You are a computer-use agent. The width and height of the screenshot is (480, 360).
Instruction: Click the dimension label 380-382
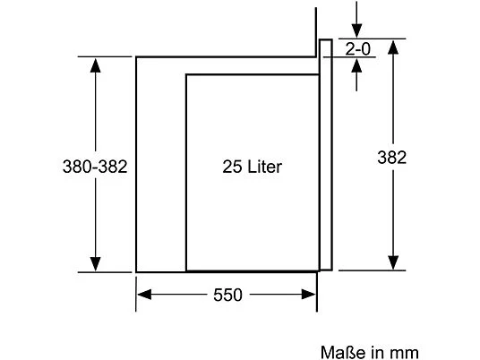pyautogui.click(x=94, y=167)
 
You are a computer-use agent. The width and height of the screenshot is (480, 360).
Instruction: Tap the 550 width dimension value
pyautogui.click(x=227, y=295)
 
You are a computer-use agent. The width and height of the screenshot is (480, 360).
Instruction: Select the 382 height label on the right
pyautogui.click(x=391, y=158)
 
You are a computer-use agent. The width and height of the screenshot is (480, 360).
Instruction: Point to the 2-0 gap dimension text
pyautogui.click(x=358, y=49)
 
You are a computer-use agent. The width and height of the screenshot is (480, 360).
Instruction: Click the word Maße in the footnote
pyautogui.click(x=338, y=352)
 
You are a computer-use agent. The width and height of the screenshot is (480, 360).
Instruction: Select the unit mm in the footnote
pyautogui.click(x=404, y=352)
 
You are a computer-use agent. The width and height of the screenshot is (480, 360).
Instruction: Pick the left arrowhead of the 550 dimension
pyautogui.click(x=143, y=295)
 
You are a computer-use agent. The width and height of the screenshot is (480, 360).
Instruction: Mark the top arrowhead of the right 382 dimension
pyautogui.click(x=391, y=47)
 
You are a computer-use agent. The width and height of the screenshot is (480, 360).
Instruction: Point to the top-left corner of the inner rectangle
pyautogui.click(x=186, y=75)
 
